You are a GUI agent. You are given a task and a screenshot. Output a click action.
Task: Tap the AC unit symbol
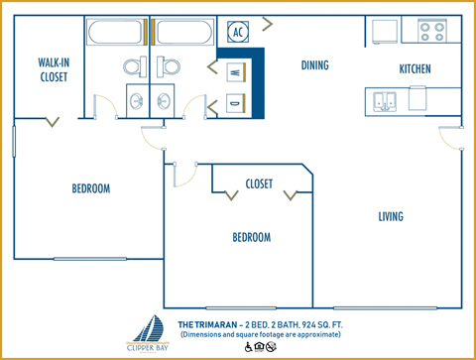tap(238, 31)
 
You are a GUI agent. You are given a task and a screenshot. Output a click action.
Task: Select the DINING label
tap(314, 65)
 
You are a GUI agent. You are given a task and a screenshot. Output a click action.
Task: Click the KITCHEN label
tap(417, 69)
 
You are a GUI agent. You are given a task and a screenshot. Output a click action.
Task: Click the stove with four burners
tap(430, 31)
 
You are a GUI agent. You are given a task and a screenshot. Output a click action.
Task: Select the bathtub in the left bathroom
tap(116, 34)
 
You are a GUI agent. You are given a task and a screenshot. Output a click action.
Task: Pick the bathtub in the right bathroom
tap(182, 34)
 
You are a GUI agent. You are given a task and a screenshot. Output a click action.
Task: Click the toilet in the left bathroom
tap(135, 67)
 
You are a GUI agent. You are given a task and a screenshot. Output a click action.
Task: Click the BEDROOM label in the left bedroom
tap(90, 188)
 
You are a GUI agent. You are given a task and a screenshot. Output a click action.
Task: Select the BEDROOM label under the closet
tap(251, 237)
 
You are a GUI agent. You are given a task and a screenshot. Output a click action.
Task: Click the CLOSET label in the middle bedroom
tap(259, 183)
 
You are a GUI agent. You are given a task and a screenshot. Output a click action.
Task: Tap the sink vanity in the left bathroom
tap(135, 101)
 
